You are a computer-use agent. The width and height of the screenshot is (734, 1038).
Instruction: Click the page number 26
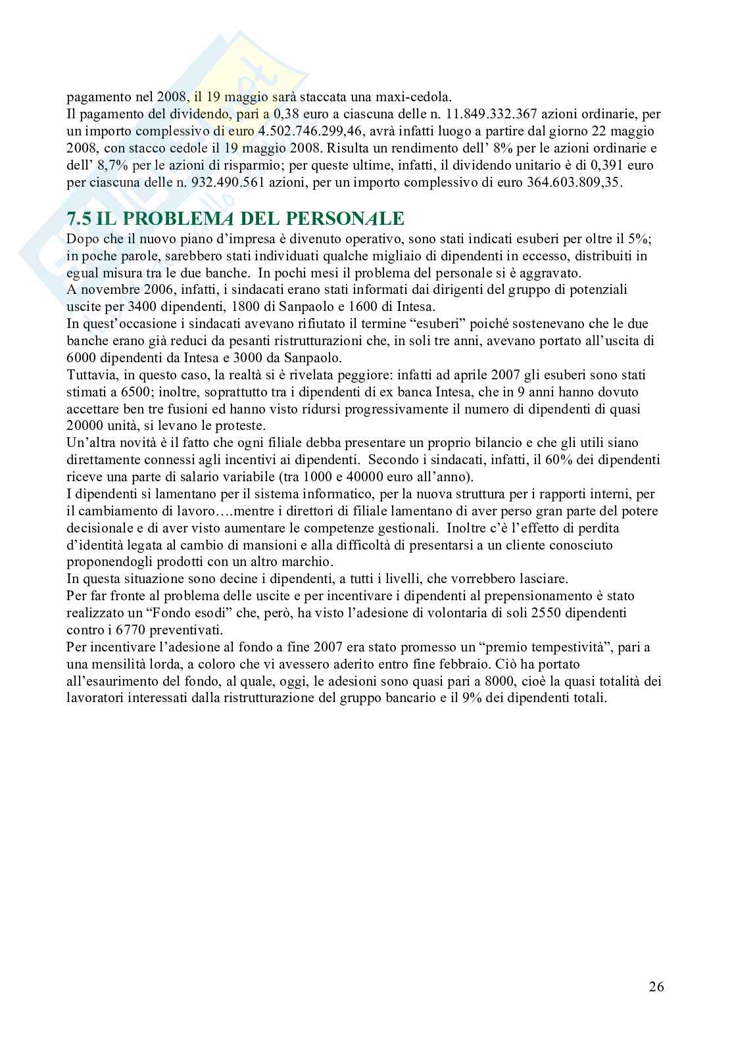(656, 987)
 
